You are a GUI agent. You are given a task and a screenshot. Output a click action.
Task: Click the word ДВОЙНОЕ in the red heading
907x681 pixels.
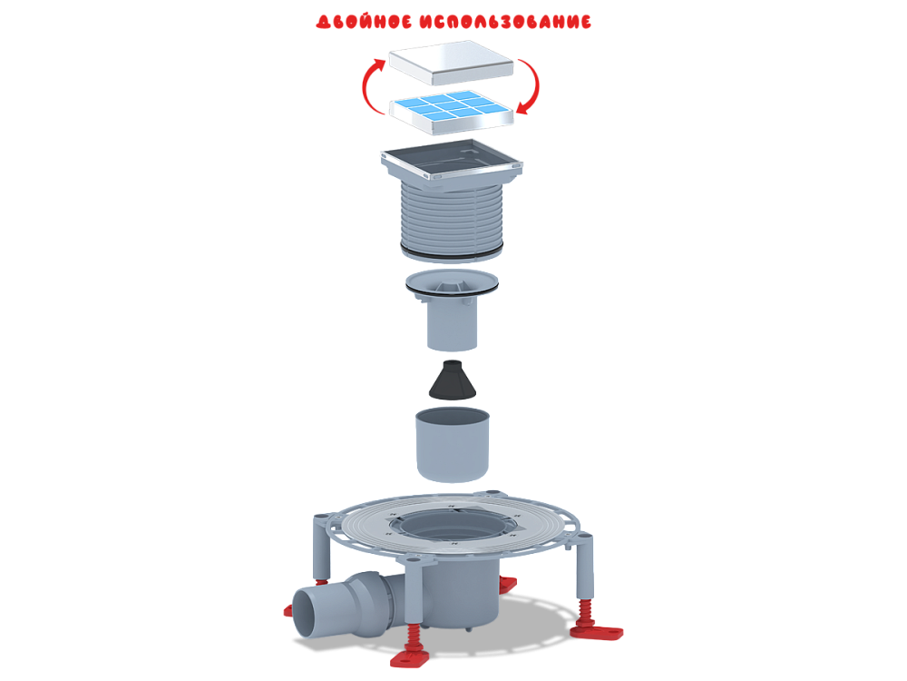[364, 22]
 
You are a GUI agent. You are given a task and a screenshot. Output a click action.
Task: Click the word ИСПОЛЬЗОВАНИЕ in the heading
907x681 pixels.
[505, 22]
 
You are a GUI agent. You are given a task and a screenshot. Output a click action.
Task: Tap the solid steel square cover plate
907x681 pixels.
[451, 63]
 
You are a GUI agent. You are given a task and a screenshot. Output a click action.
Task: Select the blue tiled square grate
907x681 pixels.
[451, 112]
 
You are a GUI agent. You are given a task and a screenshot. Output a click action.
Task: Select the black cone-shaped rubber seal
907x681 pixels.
[452, 380]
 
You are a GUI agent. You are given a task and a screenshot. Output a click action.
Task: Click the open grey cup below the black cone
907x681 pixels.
[453, 445]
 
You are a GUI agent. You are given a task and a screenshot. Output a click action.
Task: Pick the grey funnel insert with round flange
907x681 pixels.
[452, 309]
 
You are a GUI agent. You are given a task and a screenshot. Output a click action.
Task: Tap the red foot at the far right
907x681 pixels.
[597, 631]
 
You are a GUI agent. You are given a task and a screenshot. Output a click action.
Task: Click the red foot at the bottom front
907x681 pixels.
[411, 657]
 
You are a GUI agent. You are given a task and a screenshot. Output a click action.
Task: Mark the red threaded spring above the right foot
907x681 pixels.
[587, 611]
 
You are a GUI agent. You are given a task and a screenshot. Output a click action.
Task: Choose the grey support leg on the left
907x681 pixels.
[322, 547]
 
